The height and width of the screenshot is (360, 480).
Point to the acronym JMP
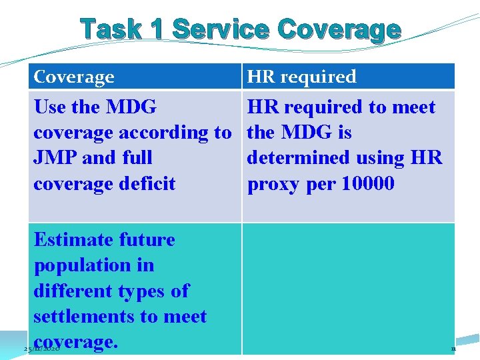tap(60, 158)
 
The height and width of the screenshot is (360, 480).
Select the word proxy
tap(273, 183)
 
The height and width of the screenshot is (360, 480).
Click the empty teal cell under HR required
tap(347, 287)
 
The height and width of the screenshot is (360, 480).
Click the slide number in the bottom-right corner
tap(453, 349)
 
